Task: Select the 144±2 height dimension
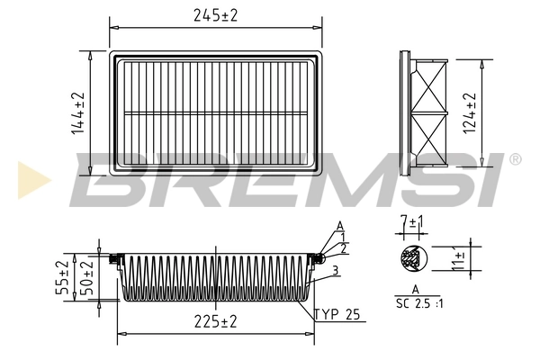(x=78, y=113)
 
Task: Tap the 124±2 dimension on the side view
(x=468, y=113)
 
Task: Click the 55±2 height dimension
(x=62, y=277)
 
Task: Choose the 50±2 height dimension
(x=86, y=277)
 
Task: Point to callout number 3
(x=334, y=270)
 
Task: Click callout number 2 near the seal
(x=343, y=247)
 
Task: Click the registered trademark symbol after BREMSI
(x=515, y=159)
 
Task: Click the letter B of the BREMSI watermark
(x=108, y=177)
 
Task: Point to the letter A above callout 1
(x=339, y=225)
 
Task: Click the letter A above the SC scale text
(x=415, y=289)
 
